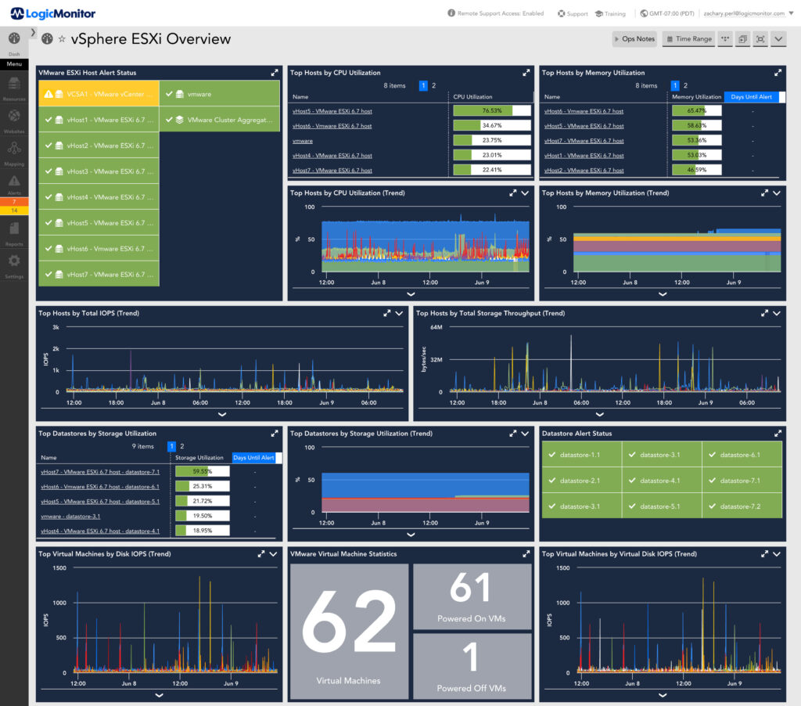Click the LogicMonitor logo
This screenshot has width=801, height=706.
click(54, 13)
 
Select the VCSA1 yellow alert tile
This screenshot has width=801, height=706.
click(98, 94)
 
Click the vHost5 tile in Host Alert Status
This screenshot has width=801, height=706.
click(98, 223)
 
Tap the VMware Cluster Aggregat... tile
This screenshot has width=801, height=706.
click(220, 120)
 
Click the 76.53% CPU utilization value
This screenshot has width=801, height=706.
click(491, 110)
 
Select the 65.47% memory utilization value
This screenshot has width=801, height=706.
click(696, 110)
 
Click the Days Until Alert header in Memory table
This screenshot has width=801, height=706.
click(752, 97)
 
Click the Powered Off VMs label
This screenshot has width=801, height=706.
click(472, 688)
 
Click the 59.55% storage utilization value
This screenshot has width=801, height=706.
click(202, 472)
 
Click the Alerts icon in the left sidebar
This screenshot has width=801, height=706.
click(14, 184)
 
